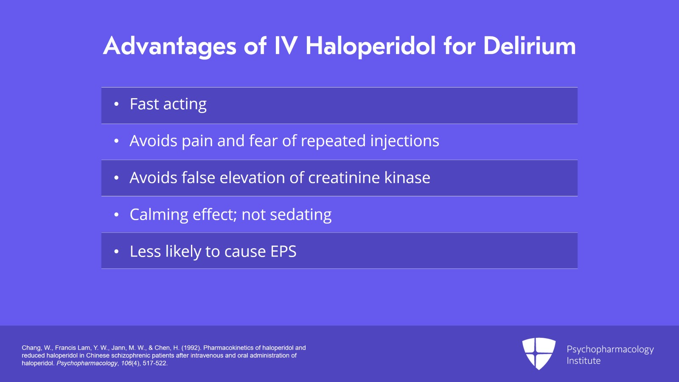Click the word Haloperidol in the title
pos(370,46)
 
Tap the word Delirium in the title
pos(529,46)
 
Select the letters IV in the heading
pos(286,46)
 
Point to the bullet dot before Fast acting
pos(116,104)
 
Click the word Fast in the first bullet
pos(144,104)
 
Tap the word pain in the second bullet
pos(197,141)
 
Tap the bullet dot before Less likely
pos(116,252)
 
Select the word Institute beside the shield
pos(584,361)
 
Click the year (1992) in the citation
pos(191,348)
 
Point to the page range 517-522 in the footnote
pos(155,363)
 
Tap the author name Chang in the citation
pos(31,348)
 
